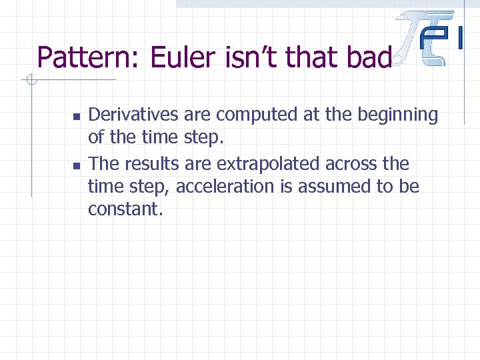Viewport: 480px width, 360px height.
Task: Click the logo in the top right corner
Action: pyautogui.click(x=430, y=39)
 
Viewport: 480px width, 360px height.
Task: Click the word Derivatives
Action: pyautogui.click(x=133, y=115)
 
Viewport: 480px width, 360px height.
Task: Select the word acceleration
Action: pyautogui.click(x=226, y=187)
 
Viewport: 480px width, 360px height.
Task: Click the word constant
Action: pyautogui.click(x=125, y=209)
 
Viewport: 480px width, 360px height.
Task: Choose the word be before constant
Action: pyautogui.click(x=409, y=187)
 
